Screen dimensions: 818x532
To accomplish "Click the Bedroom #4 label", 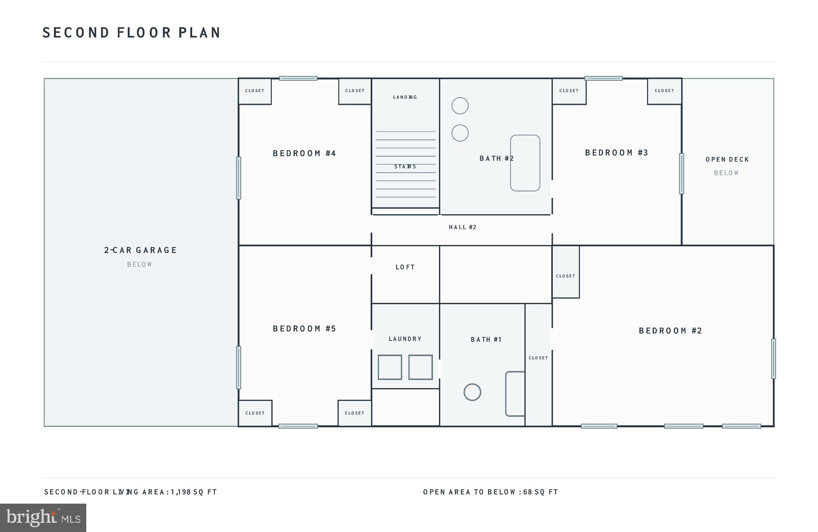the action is click(x=304, y=153).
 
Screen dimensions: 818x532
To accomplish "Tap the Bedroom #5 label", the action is click(x=304, y=329).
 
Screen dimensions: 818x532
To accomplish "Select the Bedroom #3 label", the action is click(x=616, y=153).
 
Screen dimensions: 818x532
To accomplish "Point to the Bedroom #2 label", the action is click(x=670, y=331).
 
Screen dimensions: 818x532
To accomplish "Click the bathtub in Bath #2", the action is click(x=525, y=163).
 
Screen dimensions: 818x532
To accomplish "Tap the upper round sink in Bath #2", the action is click(x=460, y=106).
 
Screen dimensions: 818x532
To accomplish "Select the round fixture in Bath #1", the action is click(x=472, y=392).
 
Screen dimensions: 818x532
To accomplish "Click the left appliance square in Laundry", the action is click(x=390, y=367).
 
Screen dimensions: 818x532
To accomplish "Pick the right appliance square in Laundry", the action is click(x=420, y=367).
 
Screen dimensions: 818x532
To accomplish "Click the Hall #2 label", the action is click(x=463, y=227).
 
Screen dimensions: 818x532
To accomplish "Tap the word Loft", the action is click(x=405, y=267).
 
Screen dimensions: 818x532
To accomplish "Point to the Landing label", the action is click(x=405, y=97).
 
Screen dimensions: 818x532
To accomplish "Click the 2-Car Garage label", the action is click(x=140, y=250).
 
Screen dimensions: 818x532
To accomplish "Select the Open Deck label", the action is click(x=727, y=159).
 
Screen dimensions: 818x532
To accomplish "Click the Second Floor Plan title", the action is click(x=131, y=33).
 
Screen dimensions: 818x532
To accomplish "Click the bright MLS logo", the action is click(x=43, y=518).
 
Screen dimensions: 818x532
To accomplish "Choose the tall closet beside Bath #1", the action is click(x=538, y=365).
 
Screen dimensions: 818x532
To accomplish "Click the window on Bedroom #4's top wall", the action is click(x=298, y=78).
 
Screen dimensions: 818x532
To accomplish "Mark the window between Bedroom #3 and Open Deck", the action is click(x=681, y=173).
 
